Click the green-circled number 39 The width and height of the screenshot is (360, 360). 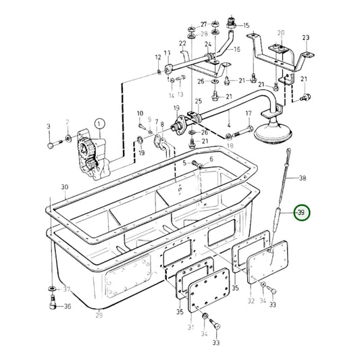303,213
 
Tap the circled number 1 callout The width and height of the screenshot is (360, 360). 99,124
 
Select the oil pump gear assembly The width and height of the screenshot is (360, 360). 92,155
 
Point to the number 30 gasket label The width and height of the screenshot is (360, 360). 65,187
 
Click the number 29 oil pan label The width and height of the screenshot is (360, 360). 99,315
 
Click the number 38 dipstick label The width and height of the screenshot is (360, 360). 303,178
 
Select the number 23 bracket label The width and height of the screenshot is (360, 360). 306,37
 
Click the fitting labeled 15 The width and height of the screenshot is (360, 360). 232,24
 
